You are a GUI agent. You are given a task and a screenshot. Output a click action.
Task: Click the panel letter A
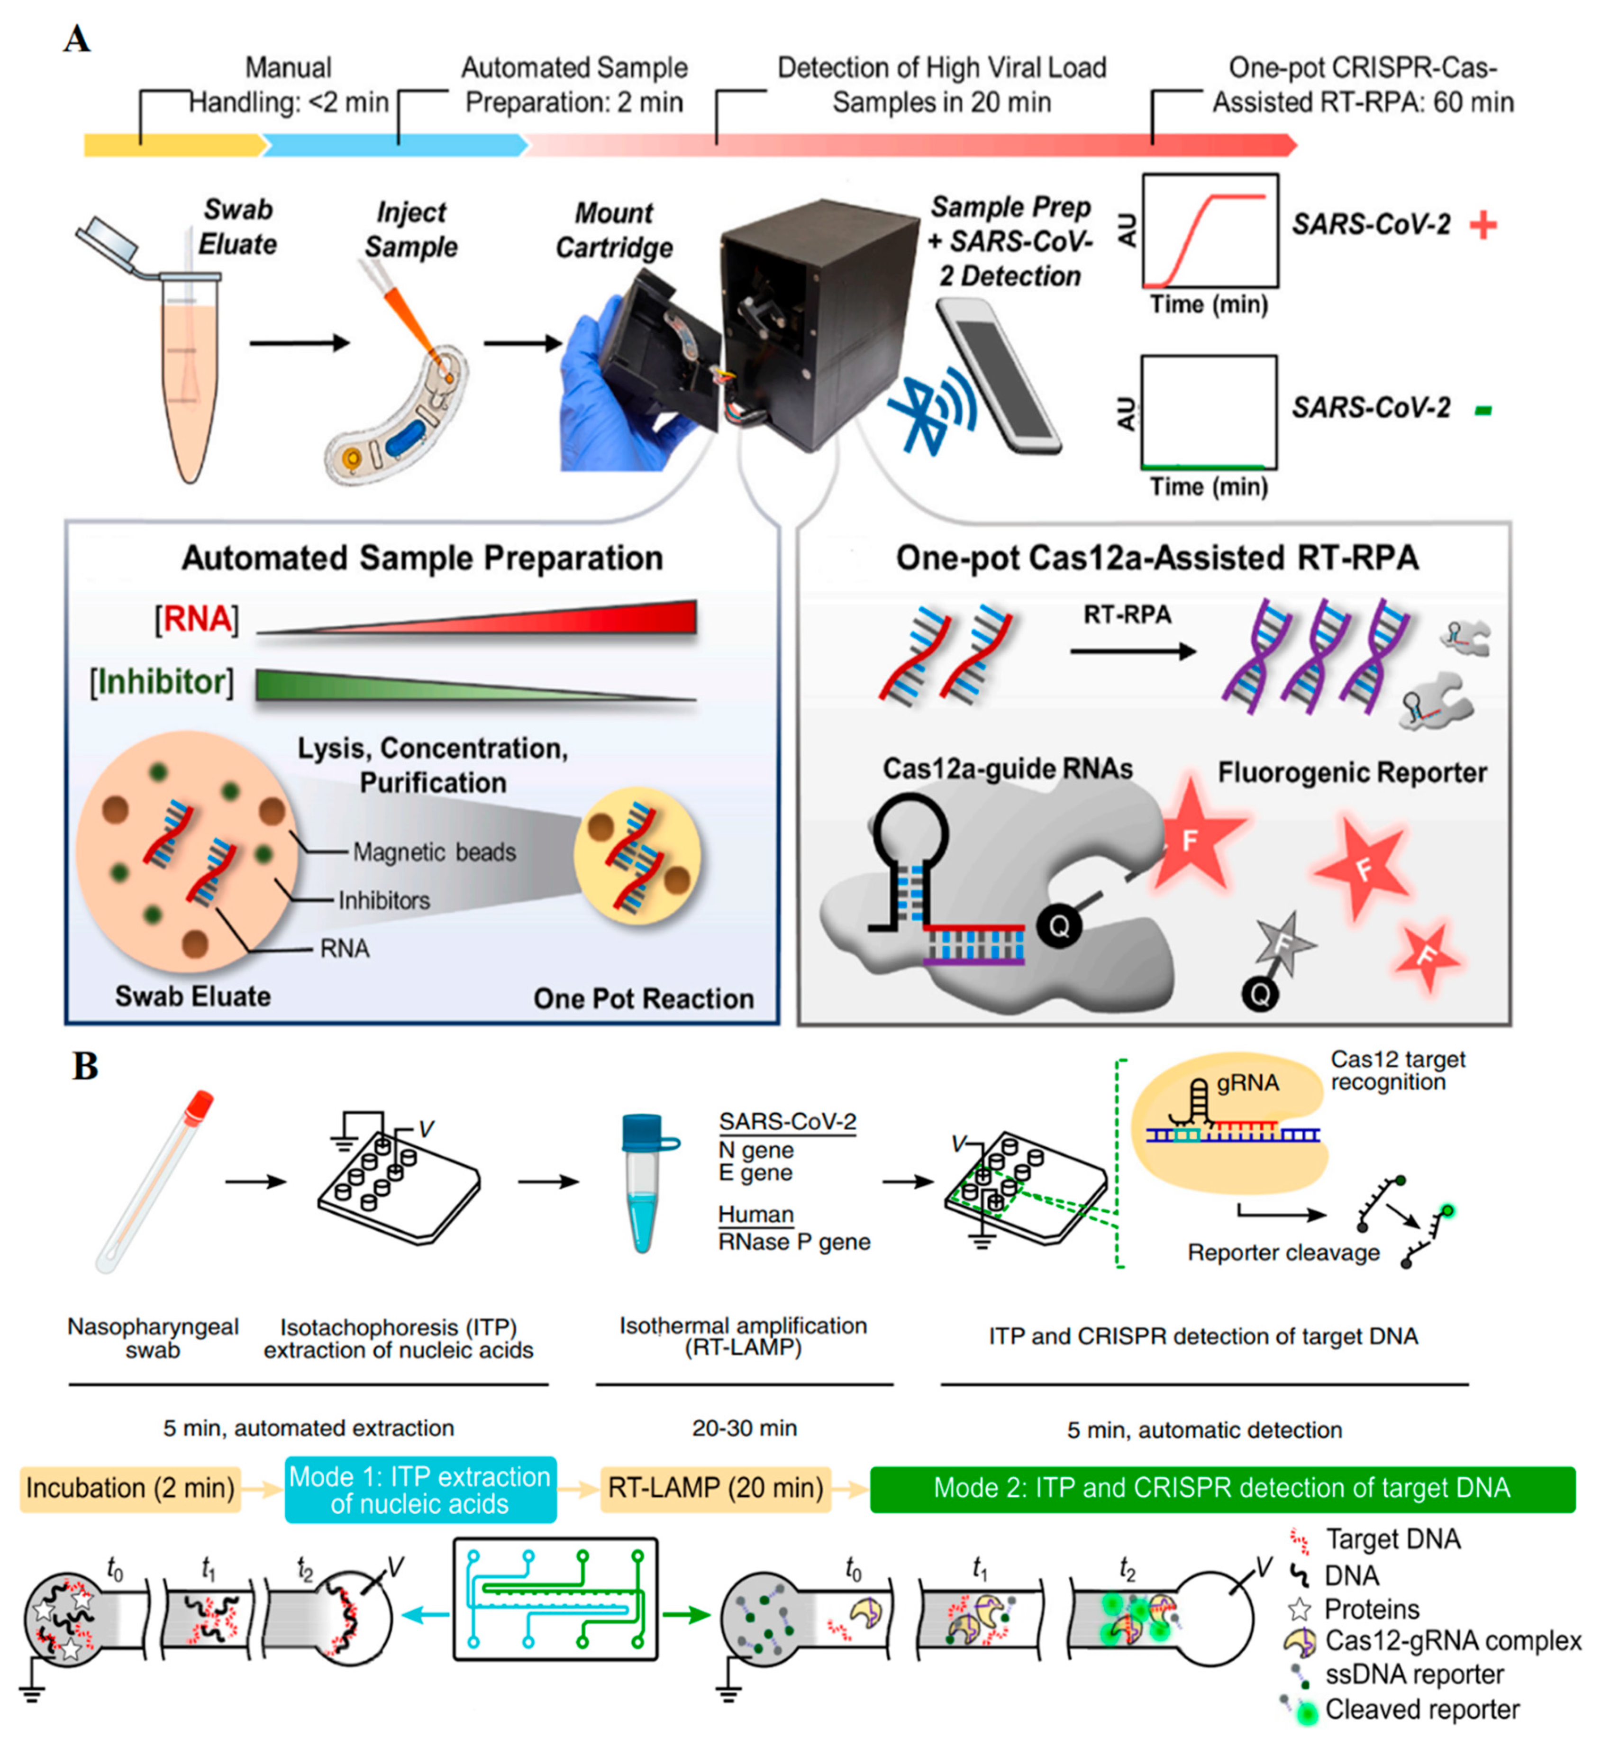pyautogui.click(x=77, y=39)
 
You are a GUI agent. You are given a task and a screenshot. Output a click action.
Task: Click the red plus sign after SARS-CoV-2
pyautogui.click(x=1483, y=226)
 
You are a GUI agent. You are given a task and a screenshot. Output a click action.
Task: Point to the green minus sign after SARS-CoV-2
pyautogui.click(x=1483, y=410)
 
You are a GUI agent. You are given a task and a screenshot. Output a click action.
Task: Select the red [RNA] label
pyautogui.click(x=197, y=620)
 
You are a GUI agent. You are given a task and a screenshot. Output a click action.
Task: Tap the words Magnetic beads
pyautogui.click(x=434, y=852)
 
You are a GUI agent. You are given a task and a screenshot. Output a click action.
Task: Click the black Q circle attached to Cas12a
pyautogui.click(x=1058, y=925)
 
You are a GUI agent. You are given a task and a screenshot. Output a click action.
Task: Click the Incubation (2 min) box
pyautogui.click(x=131, y=1487)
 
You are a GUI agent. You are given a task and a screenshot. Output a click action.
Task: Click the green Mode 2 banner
pyautogui.click(x=1221, y=1487)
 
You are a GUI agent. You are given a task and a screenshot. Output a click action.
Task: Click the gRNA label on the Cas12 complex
pyautogui.click(x=1247, y=1083)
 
